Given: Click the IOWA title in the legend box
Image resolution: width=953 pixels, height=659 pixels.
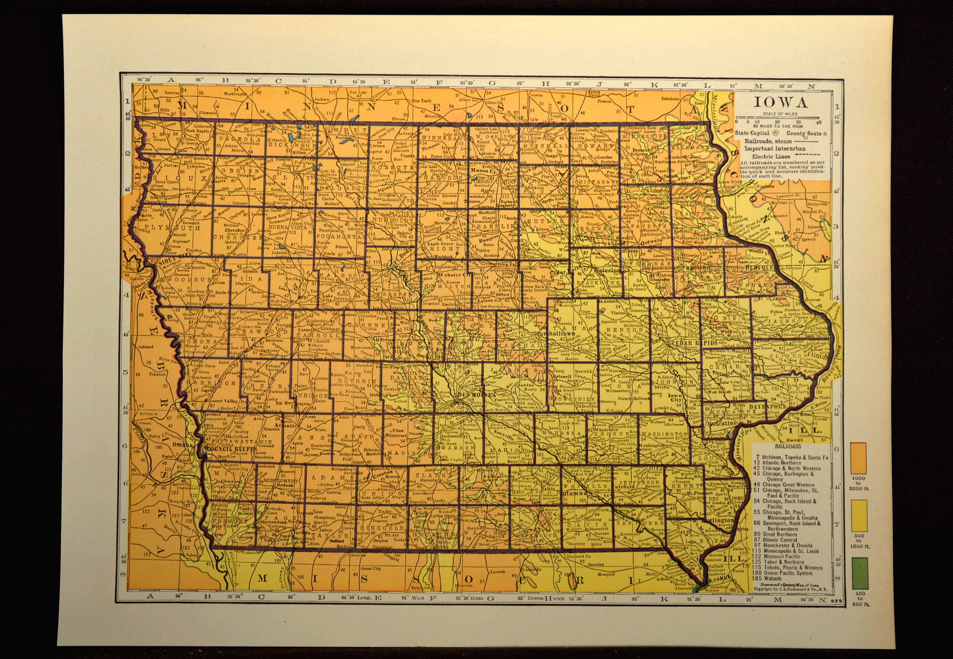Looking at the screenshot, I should (x=777, y=102).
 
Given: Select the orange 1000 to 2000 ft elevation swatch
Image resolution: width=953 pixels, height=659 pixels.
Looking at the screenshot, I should (x=859, y=458).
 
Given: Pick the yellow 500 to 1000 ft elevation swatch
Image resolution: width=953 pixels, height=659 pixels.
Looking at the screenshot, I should (x=859, y=516).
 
